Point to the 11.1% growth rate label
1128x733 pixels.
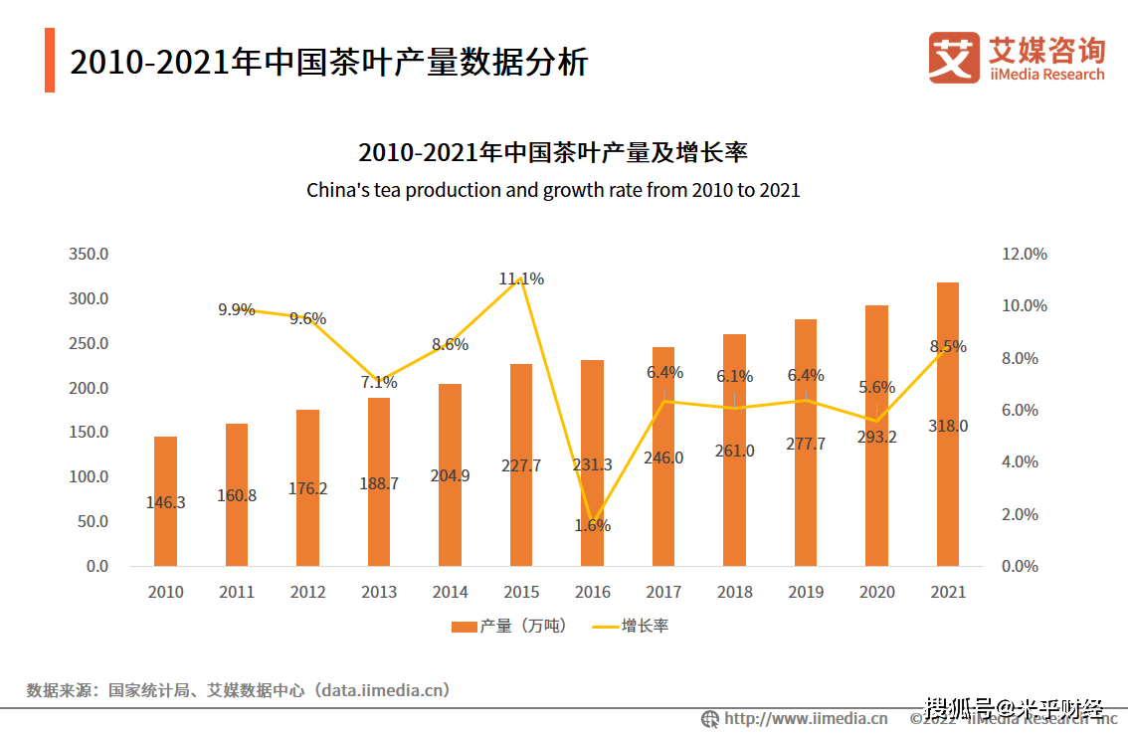click(x=521, y=279)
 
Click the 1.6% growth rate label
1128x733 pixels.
click(x=592, y=525)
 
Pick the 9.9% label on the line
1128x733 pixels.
click(x=237, y=309)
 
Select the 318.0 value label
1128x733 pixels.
click(x=948, y=426)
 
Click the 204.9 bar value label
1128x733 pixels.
click(x=450, y=475)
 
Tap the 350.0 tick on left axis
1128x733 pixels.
click(x=89, y=255)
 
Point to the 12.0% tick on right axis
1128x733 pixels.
click(x=1024, y=255)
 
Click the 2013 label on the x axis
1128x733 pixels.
click(x=379, y=592)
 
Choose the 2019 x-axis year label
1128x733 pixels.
click(x=806, y=592)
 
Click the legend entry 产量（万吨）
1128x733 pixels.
click(x=508, y=626)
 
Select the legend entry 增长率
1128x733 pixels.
click(x=632, y=626)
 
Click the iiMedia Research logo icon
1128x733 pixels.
click(x=953, y=57)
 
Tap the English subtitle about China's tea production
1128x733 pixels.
click(x=553, y=189)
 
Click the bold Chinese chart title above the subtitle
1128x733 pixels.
click(x=553, y=153)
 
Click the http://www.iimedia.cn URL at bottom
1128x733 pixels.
click(x=805, y=718)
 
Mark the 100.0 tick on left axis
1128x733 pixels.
click(x=89, y=476)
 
